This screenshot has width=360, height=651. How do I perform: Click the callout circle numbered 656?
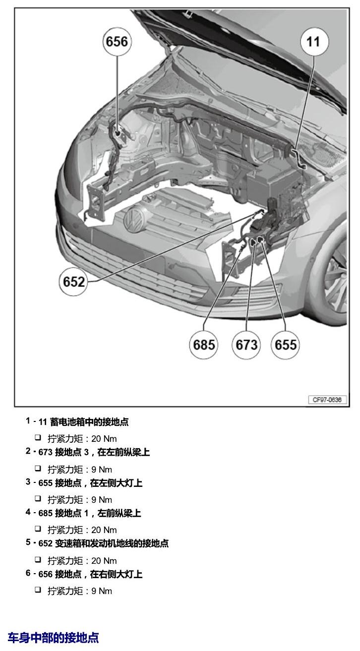point(117,42)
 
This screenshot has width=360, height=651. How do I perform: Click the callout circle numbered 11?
point(314,42)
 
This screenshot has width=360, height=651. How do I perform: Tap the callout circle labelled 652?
point(73,282)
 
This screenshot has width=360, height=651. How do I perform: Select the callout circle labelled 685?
point(204,345)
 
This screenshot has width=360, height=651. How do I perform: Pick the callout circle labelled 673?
point(246,345)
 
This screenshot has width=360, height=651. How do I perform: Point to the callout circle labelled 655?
point(285,345)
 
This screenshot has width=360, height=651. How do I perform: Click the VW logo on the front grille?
point(135,218)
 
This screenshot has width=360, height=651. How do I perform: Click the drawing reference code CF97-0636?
point(327,400)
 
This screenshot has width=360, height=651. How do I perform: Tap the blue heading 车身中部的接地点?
point(53,637)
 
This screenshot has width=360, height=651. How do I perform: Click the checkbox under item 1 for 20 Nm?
point(38,437)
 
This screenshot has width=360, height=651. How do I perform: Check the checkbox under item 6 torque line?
point(38,590)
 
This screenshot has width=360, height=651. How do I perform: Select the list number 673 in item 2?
point(45,452)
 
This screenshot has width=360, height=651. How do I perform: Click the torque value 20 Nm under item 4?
point(104,530)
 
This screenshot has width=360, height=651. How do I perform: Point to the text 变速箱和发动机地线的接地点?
point(112,543)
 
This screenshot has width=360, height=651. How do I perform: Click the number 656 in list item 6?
point(45,574)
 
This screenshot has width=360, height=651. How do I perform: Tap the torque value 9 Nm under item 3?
point(102,500)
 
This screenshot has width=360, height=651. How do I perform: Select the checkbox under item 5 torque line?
point(38,559)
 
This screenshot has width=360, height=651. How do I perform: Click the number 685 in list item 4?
point(45,513)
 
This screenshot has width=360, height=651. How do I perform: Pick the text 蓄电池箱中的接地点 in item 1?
point(89,422)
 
